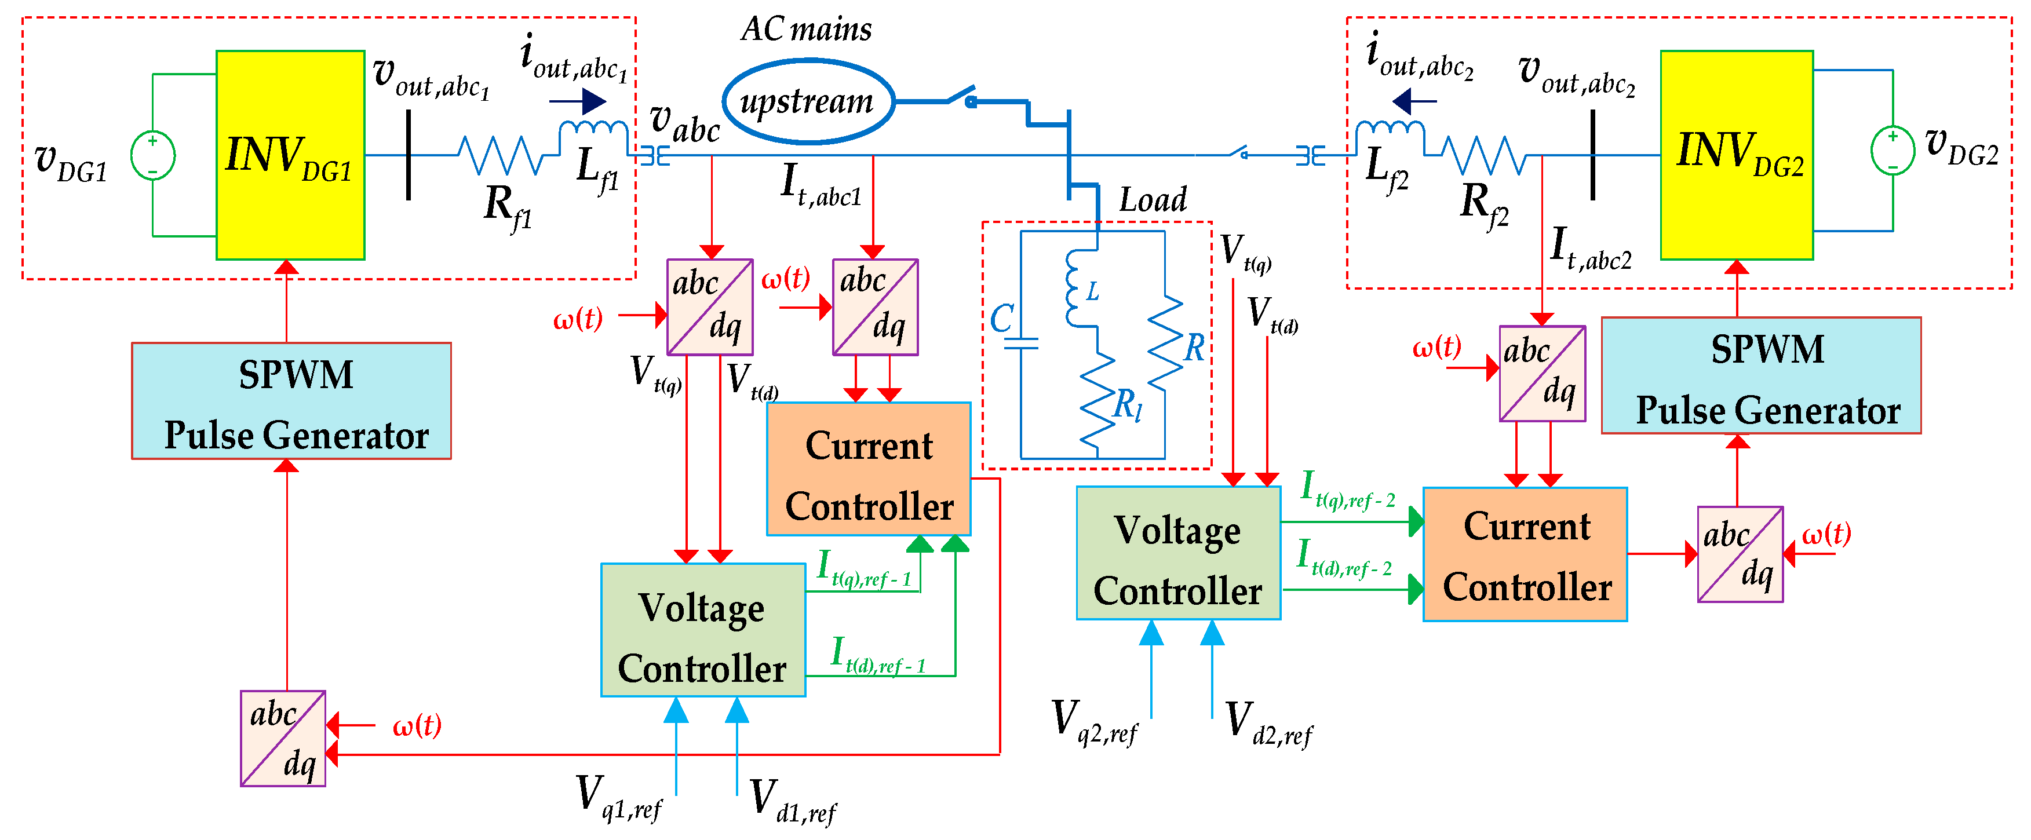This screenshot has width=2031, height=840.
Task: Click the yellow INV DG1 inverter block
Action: pos(290,155)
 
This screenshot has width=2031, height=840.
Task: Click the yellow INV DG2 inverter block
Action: pos(1736,155)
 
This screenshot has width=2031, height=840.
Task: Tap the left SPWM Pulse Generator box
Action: pos(291,401)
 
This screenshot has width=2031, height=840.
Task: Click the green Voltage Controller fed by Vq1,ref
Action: pos(702,630)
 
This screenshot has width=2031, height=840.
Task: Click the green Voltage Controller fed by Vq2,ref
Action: pos(1178,553)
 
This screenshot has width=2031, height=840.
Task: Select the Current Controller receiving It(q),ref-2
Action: pos(1524,555)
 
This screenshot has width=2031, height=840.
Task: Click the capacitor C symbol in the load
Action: pos(1020,344)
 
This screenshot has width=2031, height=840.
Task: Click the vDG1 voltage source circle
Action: pos(152,155)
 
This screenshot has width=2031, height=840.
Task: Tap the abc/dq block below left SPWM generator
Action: pos(283,739)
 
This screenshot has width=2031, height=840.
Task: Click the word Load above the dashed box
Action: pos(1152,200)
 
